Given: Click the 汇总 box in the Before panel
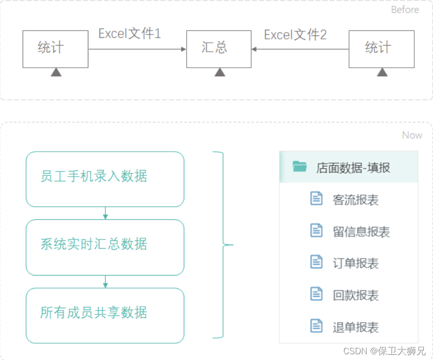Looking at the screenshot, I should pos(218,48).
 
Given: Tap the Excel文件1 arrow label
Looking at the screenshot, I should pos(129,34).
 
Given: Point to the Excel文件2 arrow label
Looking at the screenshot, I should pos(295,35).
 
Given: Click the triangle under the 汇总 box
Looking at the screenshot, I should pos(220,72).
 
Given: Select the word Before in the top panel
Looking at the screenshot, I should pos(405,10).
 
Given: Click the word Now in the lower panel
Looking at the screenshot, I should pos(412,135).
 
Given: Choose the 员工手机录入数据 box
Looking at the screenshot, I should pos(105,179).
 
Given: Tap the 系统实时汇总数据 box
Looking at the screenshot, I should pos(105,247).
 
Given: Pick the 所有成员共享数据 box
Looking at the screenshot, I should pos(105,315).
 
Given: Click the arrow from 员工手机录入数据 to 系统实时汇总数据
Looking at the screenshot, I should pos(105,214).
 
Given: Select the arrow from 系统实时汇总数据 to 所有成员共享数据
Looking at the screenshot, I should pos(105,282).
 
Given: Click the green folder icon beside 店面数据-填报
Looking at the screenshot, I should pos(300,167).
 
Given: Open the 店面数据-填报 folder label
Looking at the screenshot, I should pos(353,168).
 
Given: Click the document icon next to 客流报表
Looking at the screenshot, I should pos(316,198).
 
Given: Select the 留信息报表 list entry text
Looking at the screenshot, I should pos(361,232).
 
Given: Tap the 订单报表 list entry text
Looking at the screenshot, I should pos(356,263).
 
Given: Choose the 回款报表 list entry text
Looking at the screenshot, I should pos(356,295).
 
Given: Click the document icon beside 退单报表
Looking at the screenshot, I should pos(316,326).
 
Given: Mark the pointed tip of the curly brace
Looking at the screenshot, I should pos(233,245).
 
